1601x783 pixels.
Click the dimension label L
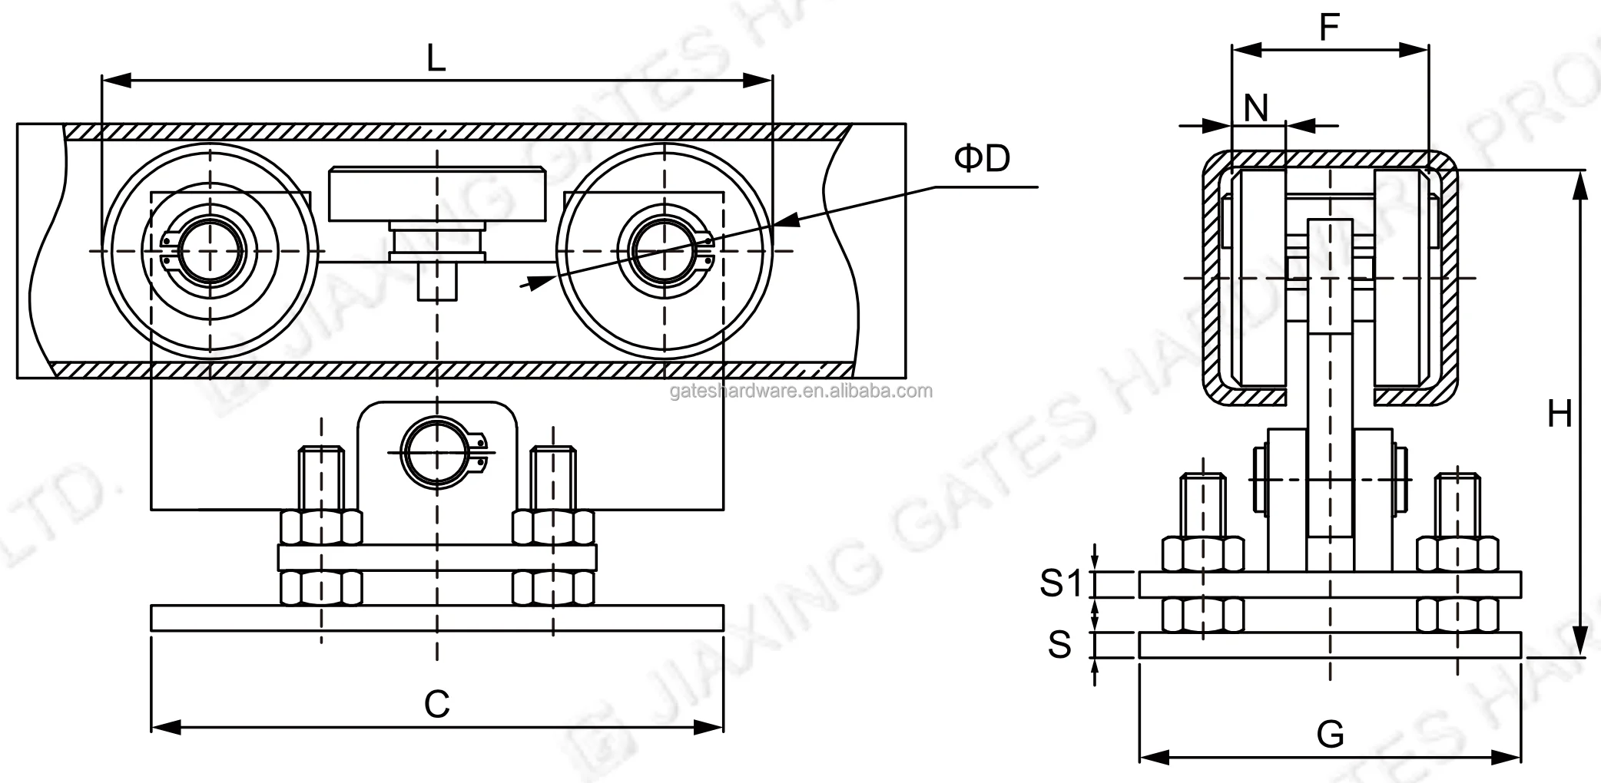point(436,58)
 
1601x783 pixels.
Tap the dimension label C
point(436,703)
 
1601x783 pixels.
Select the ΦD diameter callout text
point(982,158)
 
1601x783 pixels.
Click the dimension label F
point(1328,28)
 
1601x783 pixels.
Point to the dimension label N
point(1256,108)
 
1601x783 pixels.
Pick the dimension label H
point(1559,415)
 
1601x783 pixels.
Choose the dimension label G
point(1330,735)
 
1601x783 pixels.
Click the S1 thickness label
point(1060,584)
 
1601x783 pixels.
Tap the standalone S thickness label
point(1059,645)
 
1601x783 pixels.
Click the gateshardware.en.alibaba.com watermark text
point(800,391)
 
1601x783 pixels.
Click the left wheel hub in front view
point(210,251)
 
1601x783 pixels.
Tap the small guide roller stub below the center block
point(437,282)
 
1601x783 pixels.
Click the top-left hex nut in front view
point(321,527)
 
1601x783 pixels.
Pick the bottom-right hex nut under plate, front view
point(553,588)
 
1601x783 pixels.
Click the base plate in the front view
point(436,618)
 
